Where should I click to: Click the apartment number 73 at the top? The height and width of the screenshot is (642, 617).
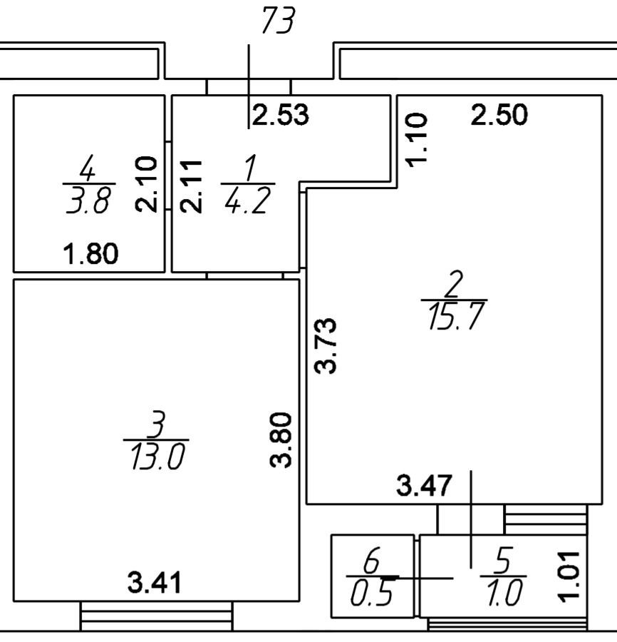[278, 22]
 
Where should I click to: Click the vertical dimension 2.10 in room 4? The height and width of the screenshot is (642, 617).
[145, 184]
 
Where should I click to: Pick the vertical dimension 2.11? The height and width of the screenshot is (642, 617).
[190, 185]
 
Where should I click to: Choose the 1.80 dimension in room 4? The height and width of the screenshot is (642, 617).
[91, 253]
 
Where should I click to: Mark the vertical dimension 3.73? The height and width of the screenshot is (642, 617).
[327, 345]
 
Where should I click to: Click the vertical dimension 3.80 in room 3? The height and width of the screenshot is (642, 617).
[282, 439]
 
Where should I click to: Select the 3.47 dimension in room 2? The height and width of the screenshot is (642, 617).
[424, 487]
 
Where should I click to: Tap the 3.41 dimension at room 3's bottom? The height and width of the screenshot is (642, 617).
[155, 584]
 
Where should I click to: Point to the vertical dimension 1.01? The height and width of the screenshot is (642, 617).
[570, 575]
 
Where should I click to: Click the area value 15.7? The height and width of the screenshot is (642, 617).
[455, 318]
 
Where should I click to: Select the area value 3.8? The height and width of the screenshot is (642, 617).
[88, 203]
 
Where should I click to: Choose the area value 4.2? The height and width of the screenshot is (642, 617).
[246, 203]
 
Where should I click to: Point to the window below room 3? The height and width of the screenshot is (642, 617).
[156, 616]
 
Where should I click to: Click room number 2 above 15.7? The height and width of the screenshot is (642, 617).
[453, 286]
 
